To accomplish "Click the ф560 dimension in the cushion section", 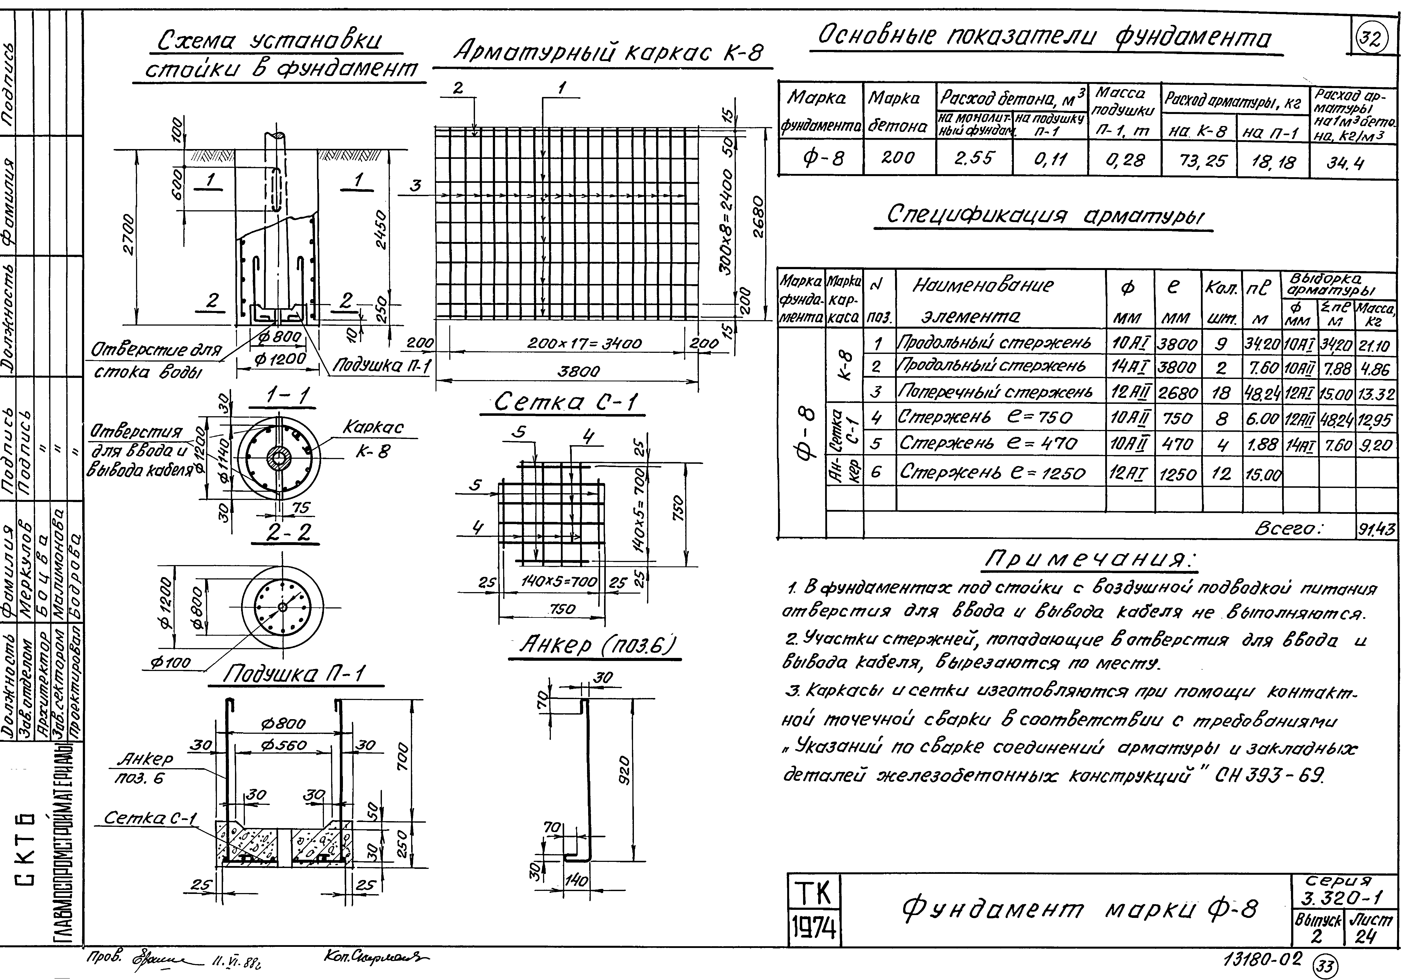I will pos(283,746).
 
